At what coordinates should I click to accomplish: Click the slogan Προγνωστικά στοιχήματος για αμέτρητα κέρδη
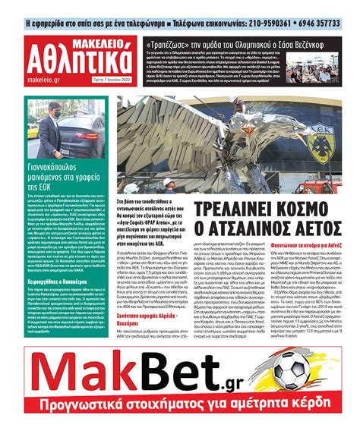pyautogui.click(x=180, y=416)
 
